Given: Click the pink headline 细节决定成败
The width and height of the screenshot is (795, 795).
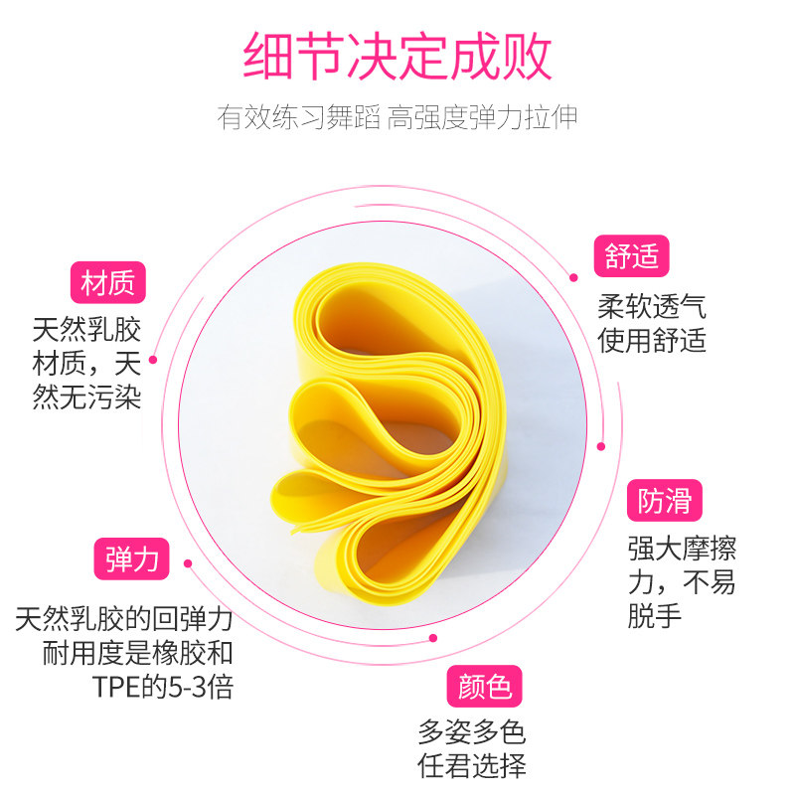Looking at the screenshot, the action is [397, 57].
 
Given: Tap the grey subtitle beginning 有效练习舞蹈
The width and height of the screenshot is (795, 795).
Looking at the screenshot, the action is [397, 117].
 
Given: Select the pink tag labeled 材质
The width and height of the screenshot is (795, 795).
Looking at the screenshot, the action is [108, 283].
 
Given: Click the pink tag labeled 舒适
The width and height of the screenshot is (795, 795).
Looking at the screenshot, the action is [631, 257].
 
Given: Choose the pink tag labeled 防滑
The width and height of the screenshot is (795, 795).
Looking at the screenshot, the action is [665, 501].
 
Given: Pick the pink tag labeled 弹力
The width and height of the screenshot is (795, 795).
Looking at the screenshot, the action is [132, 558].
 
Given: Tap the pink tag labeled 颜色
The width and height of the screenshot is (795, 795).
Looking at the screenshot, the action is [484, 686].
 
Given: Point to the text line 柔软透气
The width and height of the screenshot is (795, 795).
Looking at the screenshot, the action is [652, 305].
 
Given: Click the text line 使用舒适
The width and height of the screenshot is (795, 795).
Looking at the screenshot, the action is [652, 341].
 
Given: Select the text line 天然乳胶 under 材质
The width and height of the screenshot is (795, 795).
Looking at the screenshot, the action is [86, 327].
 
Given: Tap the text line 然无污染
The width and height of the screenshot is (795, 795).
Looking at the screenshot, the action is [86, 397].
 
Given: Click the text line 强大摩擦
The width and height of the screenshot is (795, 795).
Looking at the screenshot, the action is [682, 548].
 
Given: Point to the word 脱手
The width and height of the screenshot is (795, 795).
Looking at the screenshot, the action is [655, 616].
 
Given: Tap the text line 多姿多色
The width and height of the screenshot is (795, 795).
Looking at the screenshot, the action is [471, 732].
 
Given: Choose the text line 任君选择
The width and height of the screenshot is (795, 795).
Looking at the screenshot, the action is [471, 766].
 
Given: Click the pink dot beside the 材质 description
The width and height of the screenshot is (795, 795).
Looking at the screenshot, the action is [153, 360].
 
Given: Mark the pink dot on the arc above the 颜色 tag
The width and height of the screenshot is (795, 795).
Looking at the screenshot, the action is [432, 639].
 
